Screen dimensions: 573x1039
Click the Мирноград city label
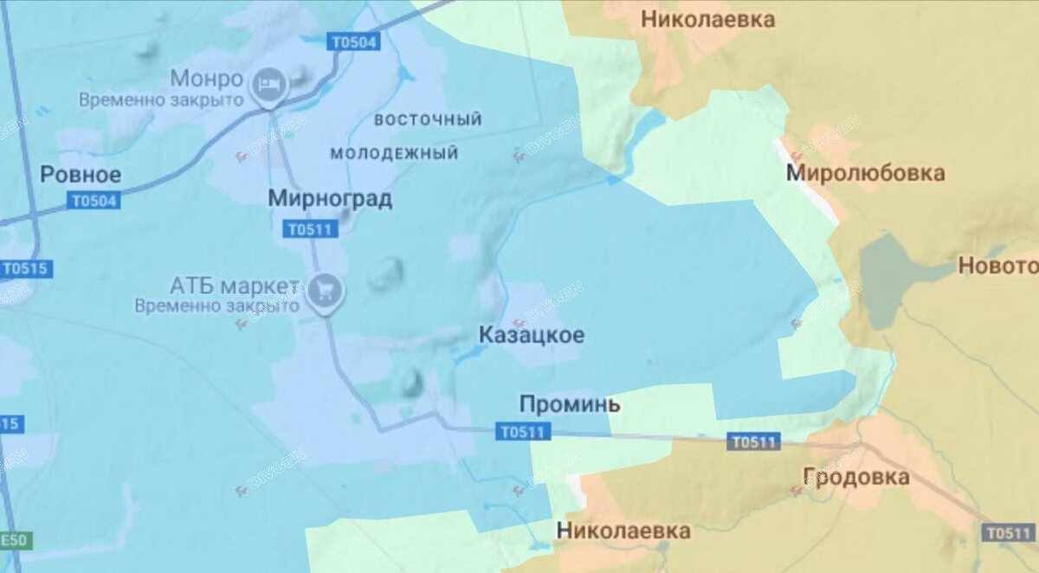coord(330,199)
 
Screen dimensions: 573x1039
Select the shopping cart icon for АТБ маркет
coord(326,289)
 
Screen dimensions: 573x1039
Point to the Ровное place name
coord(81,175)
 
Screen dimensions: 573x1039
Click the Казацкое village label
coord(532,335)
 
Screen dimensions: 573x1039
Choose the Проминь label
coord(570,404)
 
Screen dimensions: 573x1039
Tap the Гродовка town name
coord(855,477)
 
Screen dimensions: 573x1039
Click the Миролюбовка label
coord(865,173)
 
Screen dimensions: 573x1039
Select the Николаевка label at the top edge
coord(707,19)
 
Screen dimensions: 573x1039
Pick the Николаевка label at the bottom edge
coord(623,531)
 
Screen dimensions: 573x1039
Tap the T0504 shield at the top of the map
coord(354,41)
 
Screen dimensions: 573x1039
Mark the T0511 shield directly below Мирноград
coord(310,229)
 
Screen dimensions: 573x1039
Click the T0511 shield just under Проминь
coord(523,433)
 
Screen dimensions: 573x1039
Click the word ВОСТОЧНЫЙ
coord(429,119)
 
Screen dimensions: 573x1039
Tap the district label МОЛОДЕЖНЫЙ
coord(394,154)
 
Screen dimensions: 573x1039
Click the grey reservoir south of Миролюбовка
coord(887,277)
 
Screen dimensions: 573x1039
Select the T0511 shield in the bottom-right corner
coord(1010,533)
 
